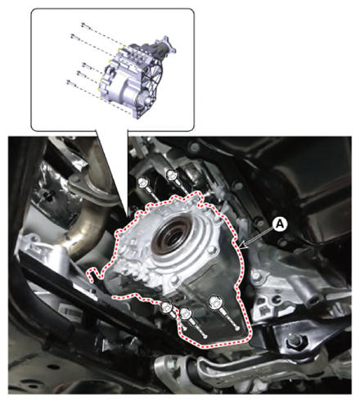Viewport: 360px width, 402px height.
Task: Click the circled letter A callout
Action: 280,224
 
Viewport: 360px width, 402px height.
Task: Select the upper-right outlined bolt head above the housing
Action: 171,174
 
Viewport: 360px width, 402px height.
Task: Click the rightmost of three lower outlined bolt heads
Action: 214,302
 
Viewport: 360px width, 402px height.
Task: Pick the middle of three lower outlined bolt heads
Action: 186,313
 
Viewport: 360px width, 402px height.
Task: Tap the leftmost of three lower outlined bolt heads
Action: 166,308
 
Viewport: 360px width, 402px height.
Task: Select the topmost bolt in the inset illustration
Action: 84,25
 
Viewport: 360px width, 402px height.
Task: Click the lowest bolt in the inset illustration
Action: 70,82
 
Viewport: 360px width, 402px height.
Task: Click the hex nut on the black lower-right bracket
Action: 295,341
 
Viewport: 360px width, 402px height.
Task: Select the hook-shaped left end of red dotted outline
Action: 92,273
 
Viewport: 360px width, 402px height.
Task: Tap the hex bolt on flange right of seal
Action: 212,251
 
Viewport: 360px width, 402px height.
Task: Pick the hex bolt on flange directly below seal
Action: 175,280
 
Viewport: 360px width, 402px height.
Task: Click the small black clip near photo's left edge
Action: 49,195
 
